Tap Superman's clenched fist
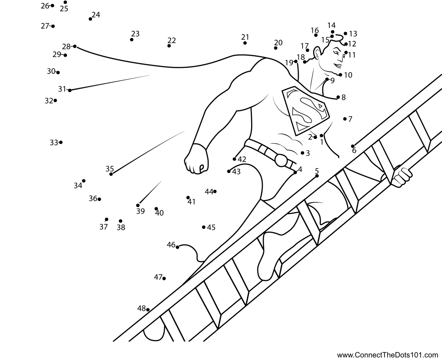click(196, 158)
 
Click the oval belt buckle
click(281, 160)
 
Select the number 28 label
click(66, 46)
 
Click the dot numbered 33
click(61, 142)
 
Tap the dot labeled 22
click(169, 46)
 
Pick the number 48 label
click(141, 308)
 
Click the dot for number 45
click(204, 227)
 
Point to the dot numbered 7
click(345, 119)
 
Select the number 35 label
click(110, 169)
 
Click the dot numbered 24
click(90, 19)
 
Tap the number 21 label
click(245, 37)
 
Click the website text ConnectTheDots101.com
click(389, 355)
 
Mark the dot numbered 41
click(188, 198)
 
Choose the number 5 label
click(317, 171)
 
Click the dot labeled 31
click(70, 90)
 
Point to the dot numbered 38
click(120, 221)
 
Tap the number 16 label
click(315, 30)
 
